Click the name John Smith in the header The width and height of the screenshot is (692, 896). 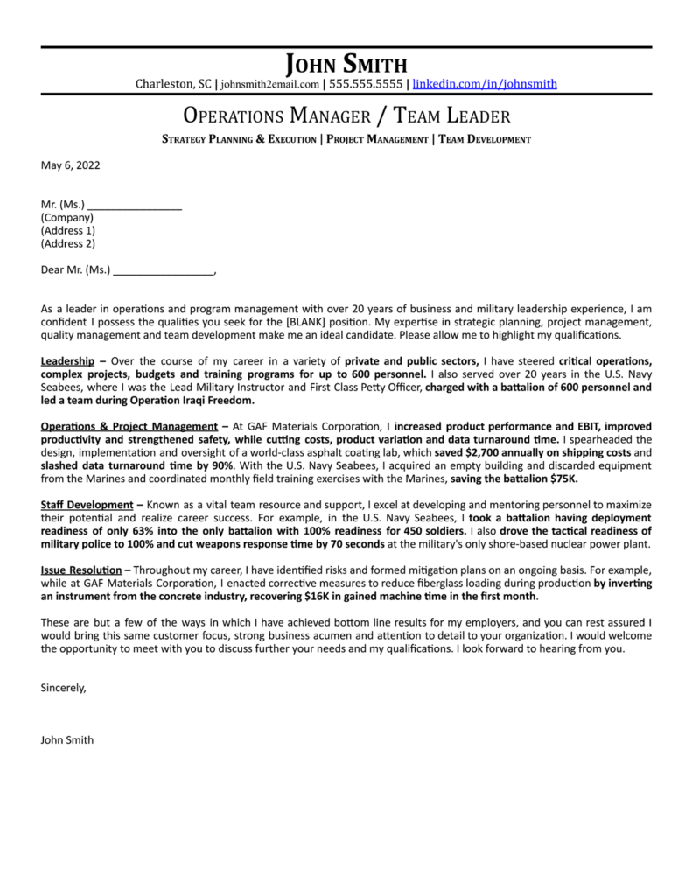click(346, 64)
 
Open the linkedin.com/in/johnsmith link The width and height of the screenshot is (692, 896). click(485, 84)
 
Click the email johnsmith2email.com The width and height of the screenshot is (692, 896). click(270, 85)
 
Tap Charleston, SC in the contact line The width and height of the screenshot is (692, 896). click(173, 84)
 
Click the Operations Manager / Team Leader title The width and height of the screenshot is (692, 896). click(346, 115)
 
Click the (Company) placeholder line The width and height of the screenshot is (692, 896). click(67, 218)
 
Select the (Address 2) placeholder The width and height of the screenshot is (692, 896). click(68, 243)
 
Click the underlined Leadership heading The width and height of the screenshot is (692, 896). click(67, 361)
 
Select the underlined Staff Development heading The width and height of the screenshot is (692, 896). click(86, 506)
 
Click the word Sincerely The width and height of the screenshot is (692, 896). click(64, 688)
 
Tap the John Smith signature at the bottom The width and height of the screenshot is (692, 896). click(67, 740)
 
